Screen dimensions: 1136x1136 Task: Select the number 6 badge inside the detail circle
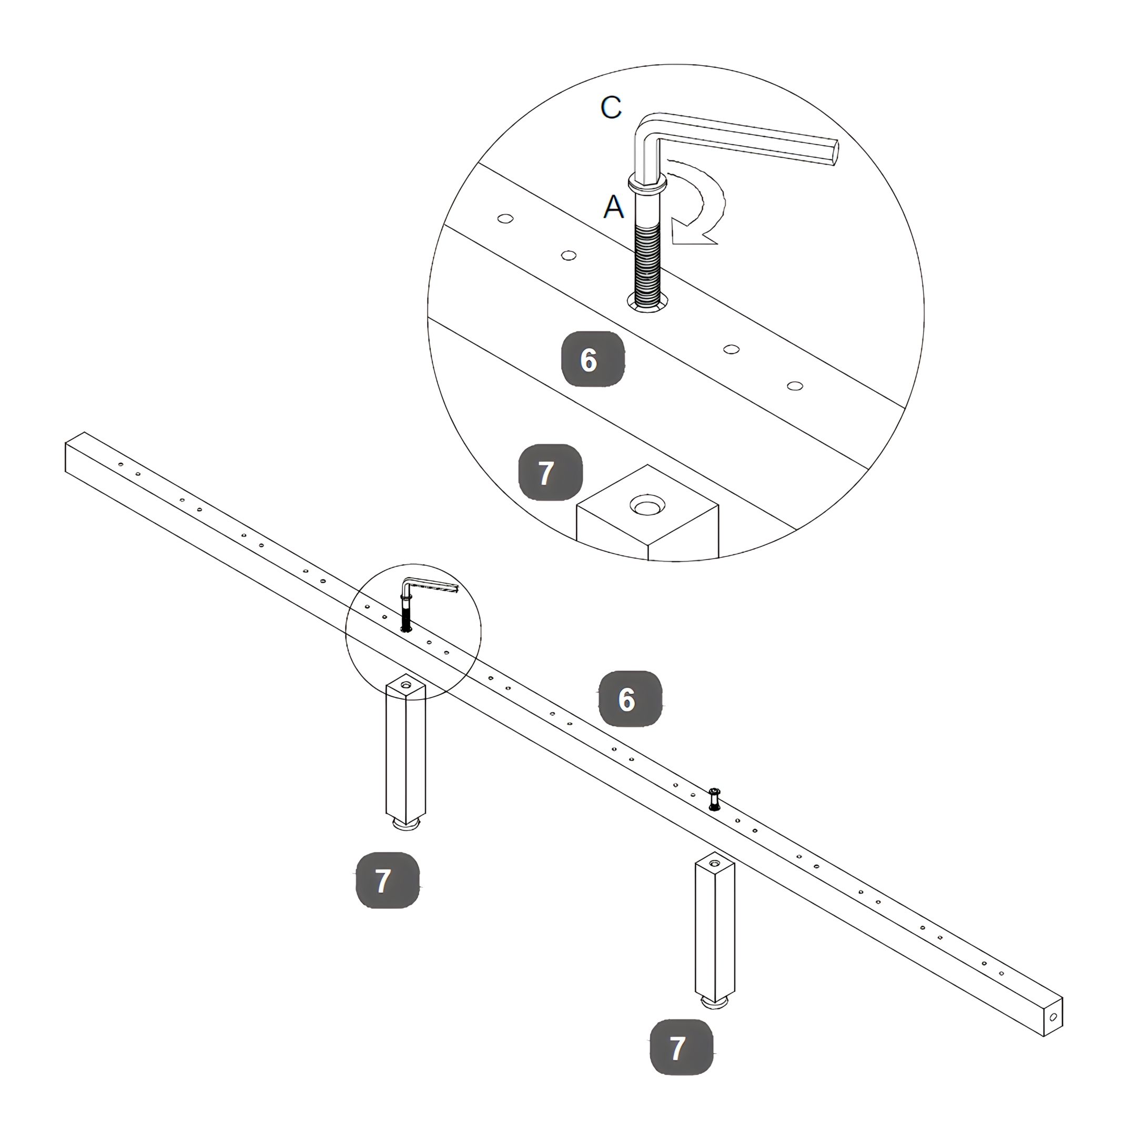[x=593, y=359]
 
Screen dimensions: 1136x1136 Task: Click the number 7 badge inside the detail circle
[x=550, y=472]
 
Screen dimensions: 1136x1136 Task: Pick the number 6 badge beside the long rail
[x=630, y=698]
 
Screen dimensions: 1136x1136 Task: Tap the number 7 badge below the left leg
[x=388, y=880]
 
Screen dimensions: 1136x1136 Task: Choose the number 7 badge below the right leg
[x=681, y=1047]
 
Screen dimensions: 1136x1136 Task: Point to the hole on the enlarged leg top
[x=647, y=504]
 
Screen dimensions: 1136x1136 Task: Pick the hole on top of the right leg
[x=714, y=863]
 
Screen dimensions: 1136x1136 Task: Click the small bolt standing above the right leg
[x=714, y=799]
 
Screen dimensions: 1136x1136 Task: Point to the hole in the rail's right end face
[x=1052, y=1017]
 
